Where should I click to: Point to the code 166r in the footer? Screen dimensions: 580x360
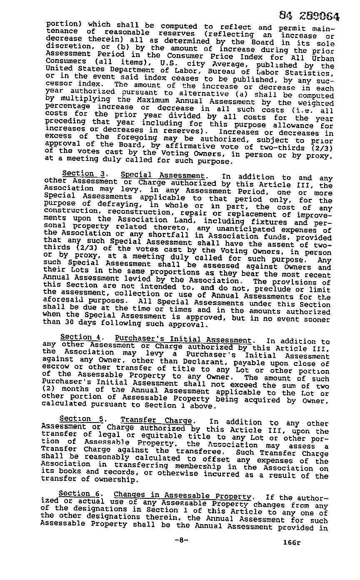pos(291,542)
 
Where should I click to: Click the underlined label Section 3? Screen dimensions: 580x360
pos(78,173)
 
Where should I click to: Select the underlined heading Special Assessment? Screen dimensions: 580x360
pos(162,175)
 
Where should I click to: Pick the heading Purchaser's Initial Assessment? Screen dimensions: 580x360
pos(183,340)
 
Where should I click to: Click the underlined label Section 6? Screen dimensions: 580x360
pos(75,494)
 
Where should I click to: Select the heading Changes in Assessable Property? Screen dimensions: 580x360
pos(182,496)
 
